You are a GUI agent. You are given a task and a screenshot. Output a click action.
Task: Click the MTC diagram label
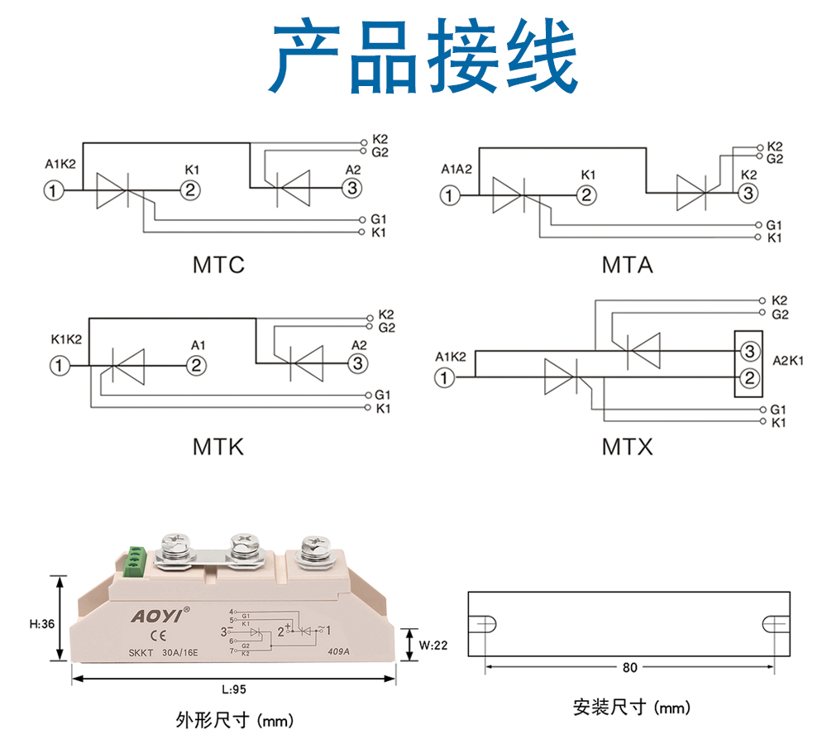tap(218, 265)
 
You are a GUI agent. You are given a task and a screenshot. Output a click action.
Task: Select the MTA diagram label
tap(627, 265)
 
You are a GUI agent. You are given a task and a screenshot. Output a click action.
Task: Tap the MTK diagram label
tap(218, 447)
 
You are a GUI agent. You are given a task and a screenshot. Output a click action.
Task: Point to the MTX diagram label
tap(627, 447)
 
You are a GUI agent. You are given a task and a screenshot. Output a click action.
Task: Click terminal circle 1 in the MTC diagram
tap(53, 190)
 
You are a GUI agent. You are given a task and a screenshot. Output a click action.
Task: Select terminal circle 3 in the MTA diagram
tap(747, 194)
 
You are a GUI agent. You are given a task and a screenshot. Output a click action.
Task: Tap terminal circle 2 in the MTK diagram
tap(195, 365)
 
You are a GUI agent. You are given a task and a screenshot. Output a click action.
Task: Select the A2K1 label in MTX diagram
tap(788, 361)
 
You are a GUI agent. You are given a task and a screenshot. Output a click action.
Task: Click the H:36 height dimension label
tap(41, 623)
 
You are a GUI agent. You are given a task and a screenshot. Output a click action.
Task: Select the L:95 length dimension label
tap(235, 689)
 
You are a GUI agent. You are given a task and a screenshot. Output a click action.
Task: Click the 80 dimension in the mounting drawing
tap(630, 667)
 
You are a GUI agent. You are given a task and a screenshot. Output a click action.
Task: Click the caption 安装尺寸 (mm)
tap(631, 708)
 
